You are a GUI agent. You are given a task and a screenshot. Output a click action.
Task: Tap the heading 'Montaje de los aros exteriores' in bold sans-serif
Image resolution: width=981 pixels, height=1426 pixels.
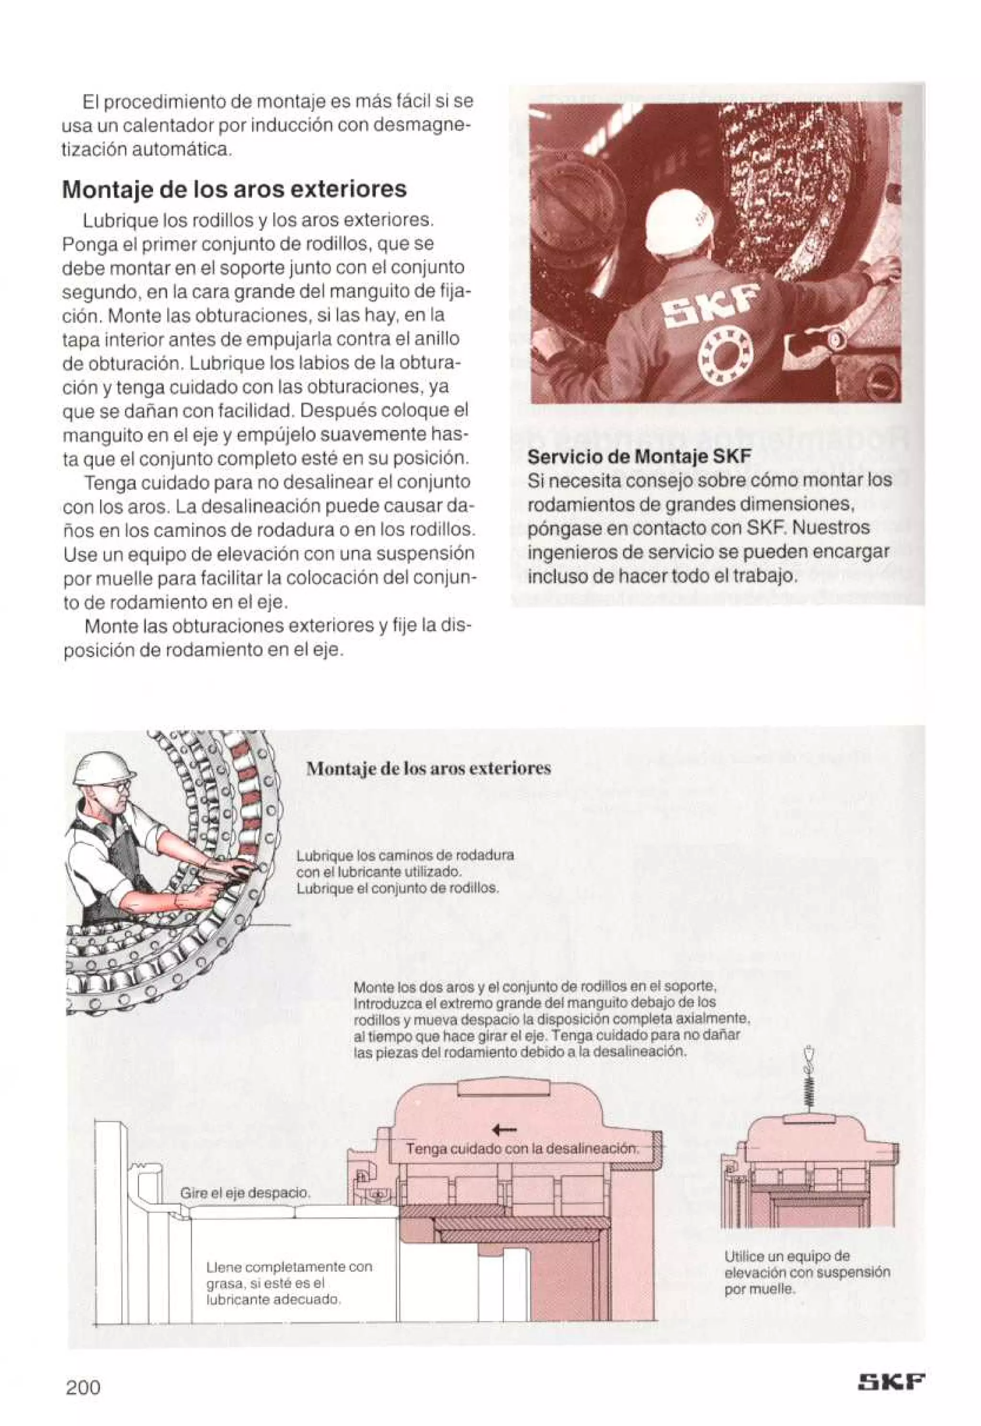click(234, 189)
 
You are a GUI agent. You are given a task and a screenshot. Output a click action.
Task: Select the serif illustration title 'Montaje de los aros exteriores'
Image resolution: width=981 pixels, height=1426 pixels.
click(428, 768)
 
